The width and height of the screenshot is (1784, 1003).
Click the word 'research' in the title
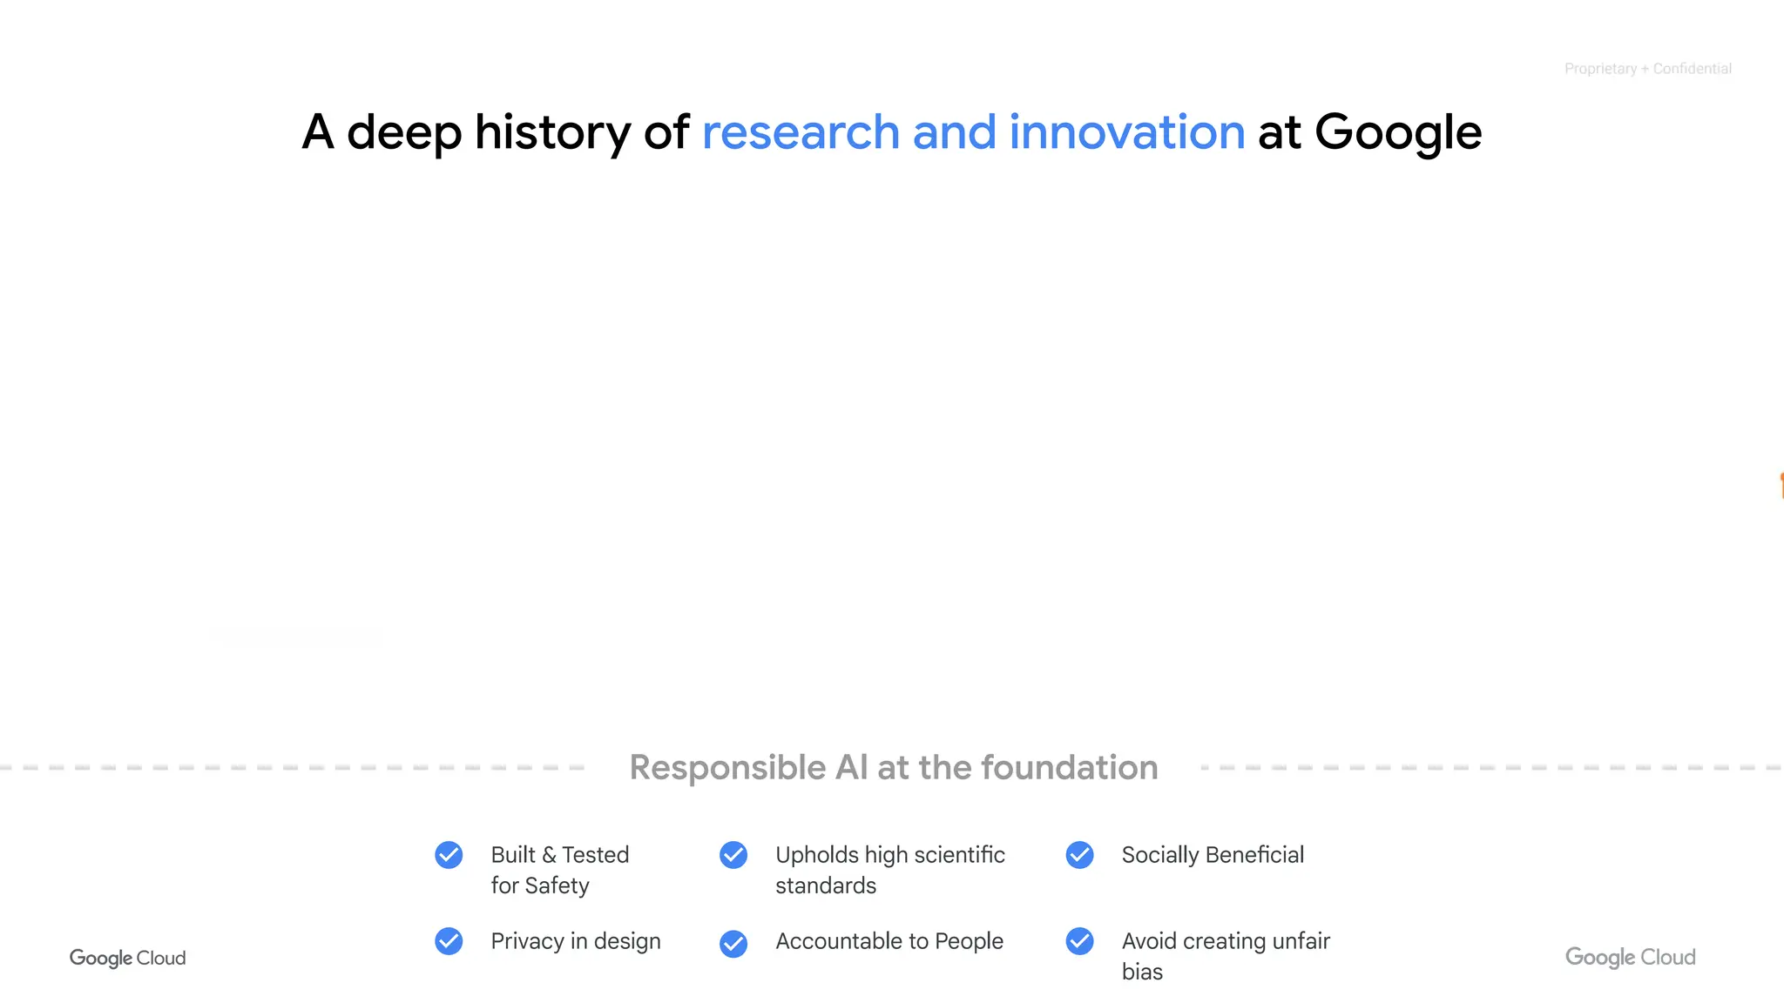(801, 132)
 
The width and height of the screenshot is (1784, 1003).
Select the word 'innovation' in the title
(1126, 132)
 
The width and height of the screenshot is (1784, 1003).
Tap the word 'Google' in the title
(1397, 134)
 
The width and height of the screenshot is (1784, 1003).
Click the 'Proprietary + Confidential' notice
(1647, 69)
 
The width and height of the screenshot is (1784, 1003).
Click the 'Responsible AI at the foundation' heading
(894, 768)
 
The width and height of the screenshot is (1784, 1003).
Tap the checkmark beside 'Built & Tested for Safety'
(449, 855)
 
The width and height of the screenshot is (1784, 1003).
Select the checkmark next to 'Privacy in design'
(449, 941)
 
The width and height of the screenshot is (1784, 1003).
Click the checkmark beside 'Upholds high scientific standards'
(733, 855)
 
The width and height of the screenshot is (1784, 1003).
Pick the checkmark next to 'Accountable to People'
(733, 943)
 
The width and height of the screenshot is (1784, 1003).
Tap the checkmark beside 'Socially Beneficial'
(1079, 855)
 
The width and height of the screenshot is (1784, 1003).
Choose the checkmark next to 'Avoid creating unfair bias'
(1079, 941)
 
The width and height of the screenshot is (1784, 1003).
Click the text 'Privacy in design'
(576, 941)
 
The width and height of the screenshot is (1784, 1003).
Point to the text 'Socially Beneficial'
(1213, 855)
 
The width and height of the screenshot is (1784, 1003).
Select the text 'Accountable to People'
(889, 941)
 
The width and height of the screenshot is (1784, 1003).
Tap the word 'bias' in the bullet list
(1142, 972)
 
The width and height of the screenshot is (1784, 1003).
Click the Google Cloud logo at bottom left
(127, 958)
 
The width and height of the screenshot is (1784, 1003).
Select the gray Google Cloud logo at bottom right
(1630, 958)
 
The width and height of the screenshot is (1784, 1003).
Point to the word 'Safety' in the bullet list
(557, 885)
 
